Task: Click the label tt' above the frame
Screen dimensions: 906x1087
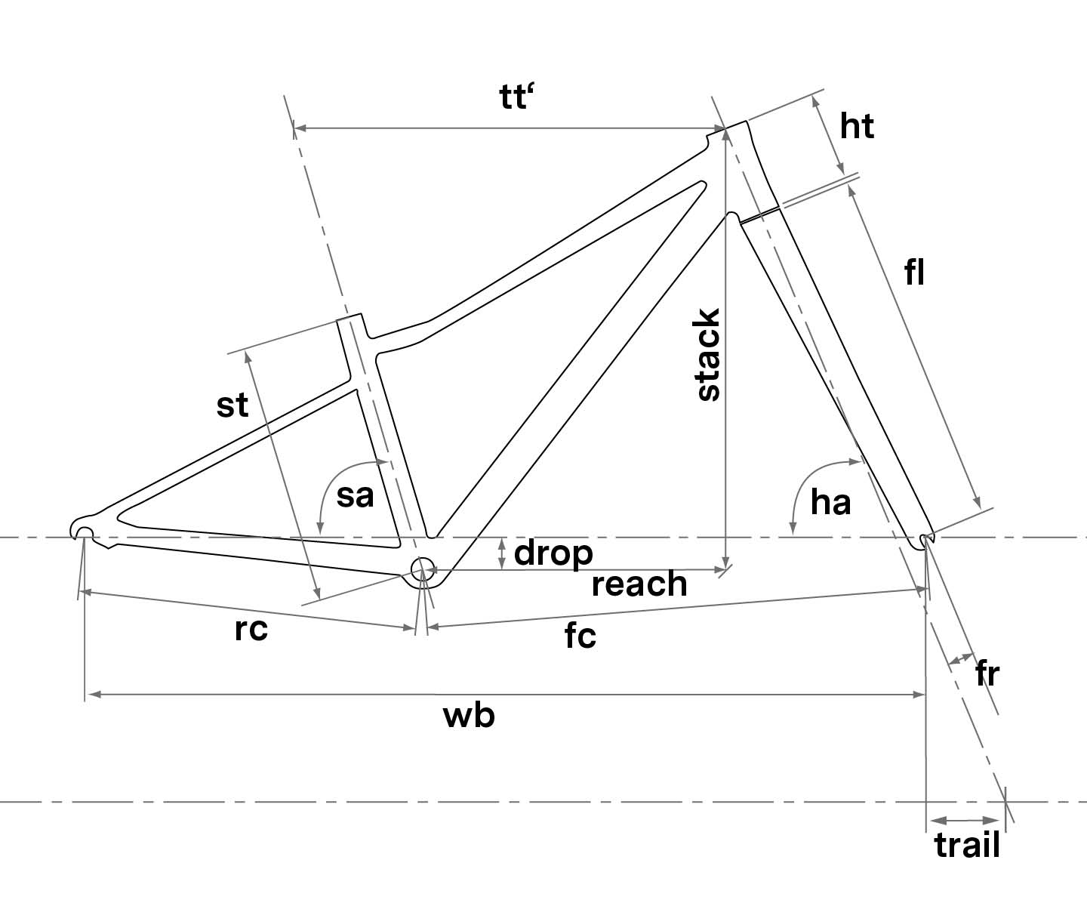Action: pos(517,98)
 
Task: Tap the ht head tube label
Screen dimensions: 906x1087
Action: pos(857,126)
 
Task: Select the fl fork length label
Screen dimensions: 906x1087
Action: pos(915,273)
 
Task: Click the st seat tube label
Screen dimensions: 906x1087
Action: pos(232,405)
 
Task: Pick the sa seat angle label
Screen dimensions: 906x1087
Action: pos(355,496)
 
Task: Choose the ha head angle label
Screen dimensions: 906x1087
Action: pos(830,501)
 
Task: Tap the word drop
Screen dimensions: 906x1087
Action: pos(553,553)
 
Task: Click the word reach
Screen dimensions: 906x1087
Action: pos(639,584)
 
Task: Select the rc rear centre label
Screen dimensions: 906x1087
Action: pos(251,629)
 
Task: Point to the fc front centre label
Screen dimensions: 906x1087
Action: pos(580,636)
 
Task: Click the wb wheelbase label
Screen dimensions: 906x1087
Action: pos(469,715)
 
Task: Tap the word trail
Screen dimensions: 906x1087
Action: pos(967,845)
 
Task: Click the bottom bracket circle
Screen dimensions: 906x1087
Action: pos(423,568)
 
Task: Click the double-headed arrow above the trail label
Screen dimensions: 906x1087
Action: pos(965,820)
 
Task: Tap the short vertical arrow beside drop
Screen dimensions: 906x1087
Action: pos(502,553)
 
